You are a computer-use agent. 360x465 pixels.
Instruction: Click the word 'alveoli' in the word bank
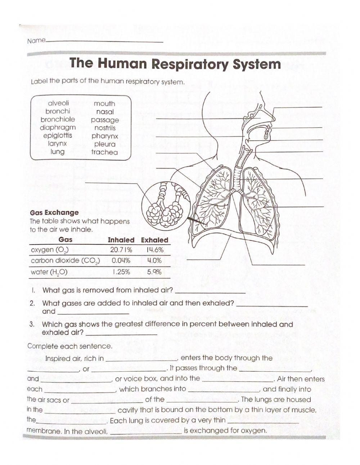pos(58,103)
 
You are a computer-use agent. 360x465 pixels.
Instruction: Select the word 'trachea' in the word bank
pos(104,152)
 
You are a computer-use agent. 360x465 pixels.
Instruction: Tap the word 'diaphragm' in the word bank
pos(58,128)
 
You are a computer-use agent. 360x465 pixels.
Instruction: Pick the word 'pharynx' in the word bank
pos(105,136)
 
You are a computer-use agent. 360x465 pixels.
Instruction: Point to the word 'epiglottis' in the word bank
pos(58,135)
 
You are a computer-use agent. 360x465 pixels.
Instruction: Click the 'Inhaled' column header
pos(121,240)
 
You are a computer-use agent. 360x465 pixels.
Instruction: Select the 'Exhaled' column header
pos(154,240)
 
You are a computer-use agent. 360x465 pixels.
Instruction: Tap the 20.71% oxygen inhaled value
pos(121,250)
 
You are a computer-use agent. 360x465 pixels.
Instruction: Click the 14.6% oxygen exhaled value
pos(155,250)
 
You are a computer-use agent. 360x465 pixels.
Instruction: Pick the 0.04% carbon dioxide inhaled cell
pos(121,261)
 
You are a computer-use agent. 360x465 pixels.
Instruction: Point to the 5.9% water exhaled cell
pos(154,272)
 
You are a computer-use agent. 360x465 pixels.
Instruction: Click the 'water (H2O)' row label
pos(49,272)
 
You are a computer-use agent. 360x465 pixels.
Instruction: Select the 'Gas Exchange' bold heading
pos(54,213)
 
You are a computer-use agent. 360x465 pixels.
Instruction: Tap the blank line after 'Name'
pos(104,41)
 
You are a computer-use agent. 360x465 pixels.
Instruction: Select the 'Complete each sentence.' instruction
pos(70,346)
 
